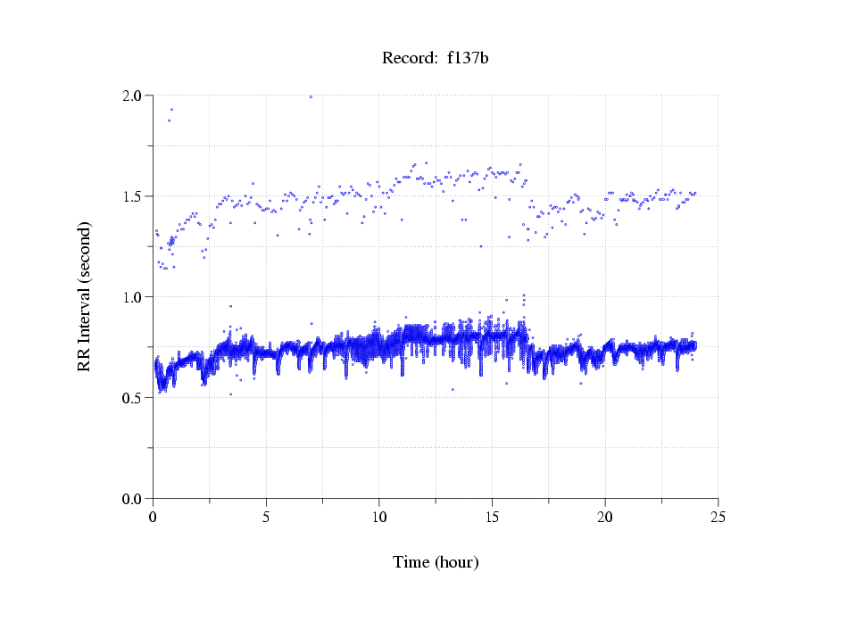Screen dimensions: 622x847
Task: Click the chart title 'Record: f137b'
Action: click(x=436, y=59)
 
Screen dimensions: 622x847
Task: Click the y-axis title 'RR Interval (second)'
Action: click(x=85, y=296)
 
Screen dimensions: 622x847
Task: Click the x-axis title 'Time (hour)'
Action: click(x=436, y=562)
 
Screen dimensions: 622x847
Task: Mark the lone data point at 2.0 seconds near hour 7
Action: click(x=311, y=96)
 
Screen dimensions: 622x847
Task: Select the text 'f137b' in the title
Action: click(x=468, y=59)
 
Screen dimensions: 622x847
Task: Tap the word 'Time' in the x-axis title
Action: click(x=411, y=562)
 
